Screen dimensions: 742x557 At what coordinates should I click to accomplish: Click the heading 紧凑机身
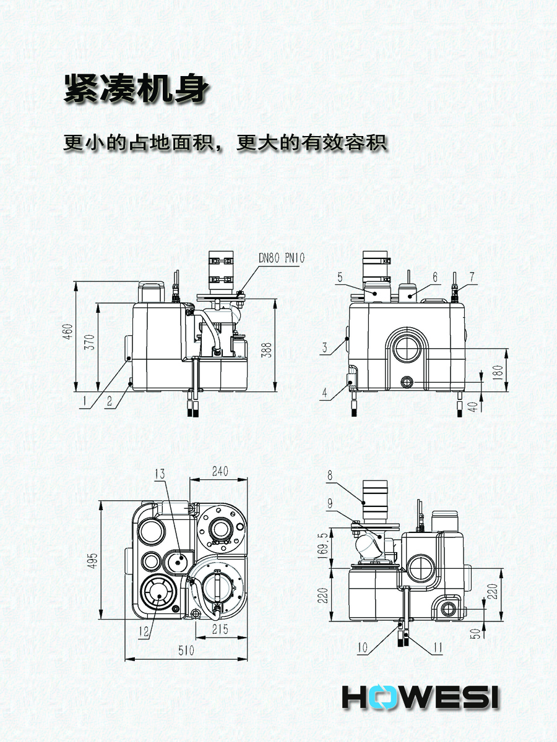[x=135, y=90]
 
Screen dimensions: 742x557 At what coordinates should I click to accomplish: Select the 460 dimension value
[x=69, y=336]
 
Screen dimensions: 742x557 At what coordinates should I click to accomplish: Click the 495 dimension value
[x=92, y=560]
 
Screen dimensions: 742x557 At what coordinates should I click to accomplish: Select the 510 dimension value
[x=186, y=650]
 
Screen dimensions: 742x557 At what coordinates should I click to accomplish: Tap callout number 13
[x=160, y=474]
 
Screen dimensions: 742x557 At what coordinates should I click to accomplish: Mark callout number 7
[x=473, y=278]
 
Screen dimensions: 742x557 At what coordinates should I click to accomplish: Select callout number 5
[x=340, y=278]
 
